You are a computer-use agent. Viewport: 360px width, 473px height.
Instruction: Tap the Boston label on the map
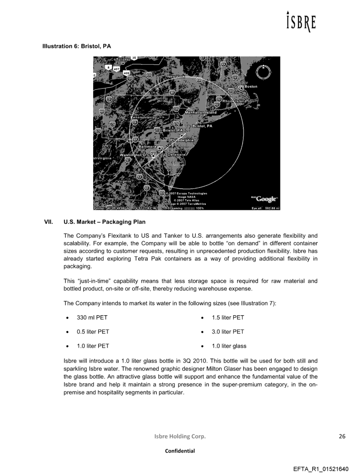[x=251, y=87]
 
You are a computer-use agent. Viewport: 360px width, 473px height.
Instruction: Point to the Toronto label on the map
[x=124, y=59]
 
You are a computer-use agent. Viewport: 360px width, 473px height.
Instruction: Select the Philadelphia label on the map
[x=182, y=140]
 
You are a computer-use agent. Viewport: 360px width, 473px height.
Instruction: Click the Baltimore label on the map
[x=149, y=146]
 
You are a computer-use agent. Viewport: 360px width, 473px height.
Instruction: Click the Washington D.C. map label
[x=135, y=155]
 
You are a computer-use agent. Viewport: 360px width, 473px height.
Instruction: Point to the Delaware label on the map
[x=176, y=155]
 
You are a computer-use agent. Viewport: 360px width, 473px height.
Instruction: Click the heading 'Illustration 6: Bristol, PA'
[x=76, y=46]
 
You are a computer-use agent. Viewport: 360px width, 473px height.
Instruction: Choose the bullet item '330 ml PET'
[x=92, y=317]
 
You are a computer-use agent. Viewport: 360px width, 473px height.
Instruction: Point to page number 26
[x=342, y=436]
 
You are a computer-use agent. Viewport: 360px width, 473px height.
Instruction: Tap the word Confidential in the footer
[x=180, y=451]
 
